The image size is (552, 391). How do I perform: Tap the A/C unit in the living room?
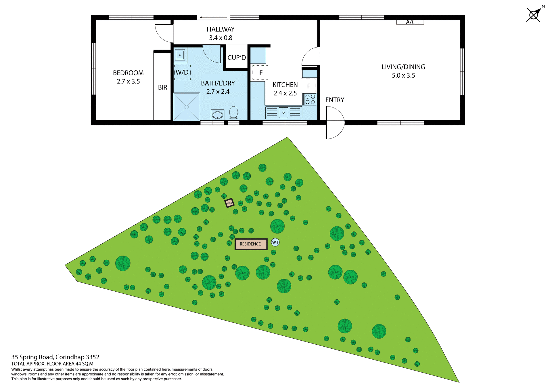(410, 22)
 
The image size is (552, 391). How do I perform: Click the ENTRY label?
(335, 100)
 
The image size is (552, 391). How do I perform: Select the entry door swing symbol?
(335, 122)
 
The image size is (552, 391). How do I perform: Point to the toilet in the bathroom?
(233, 113)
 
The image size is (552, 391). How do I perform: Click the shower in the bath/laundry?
(187, 107)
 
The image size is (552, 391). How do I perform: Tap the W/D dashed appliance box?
(182, 72)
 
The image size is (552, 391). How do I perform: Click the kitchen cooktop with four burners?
(310, 99)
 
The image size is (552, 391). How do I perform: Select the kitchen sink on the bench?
(283, 113)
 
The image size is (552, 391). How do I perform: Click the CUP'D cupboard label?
(237, 58)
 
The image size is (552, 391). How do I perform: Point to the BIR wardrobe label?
(162, 87)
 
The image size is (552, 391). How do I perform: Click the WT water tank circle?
(275, 242)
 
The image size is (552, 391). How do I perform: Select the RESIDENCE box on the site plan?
(251, 244)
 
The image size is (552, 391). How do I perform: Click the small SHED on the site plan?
(229, 203)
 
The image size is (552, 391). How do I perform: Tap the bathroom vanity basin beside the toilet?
(217, 115)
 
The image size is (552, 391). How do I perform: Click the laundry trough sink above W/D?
(180, 55)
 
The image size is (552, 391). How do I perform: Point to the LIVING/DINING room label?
(403, 67)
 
